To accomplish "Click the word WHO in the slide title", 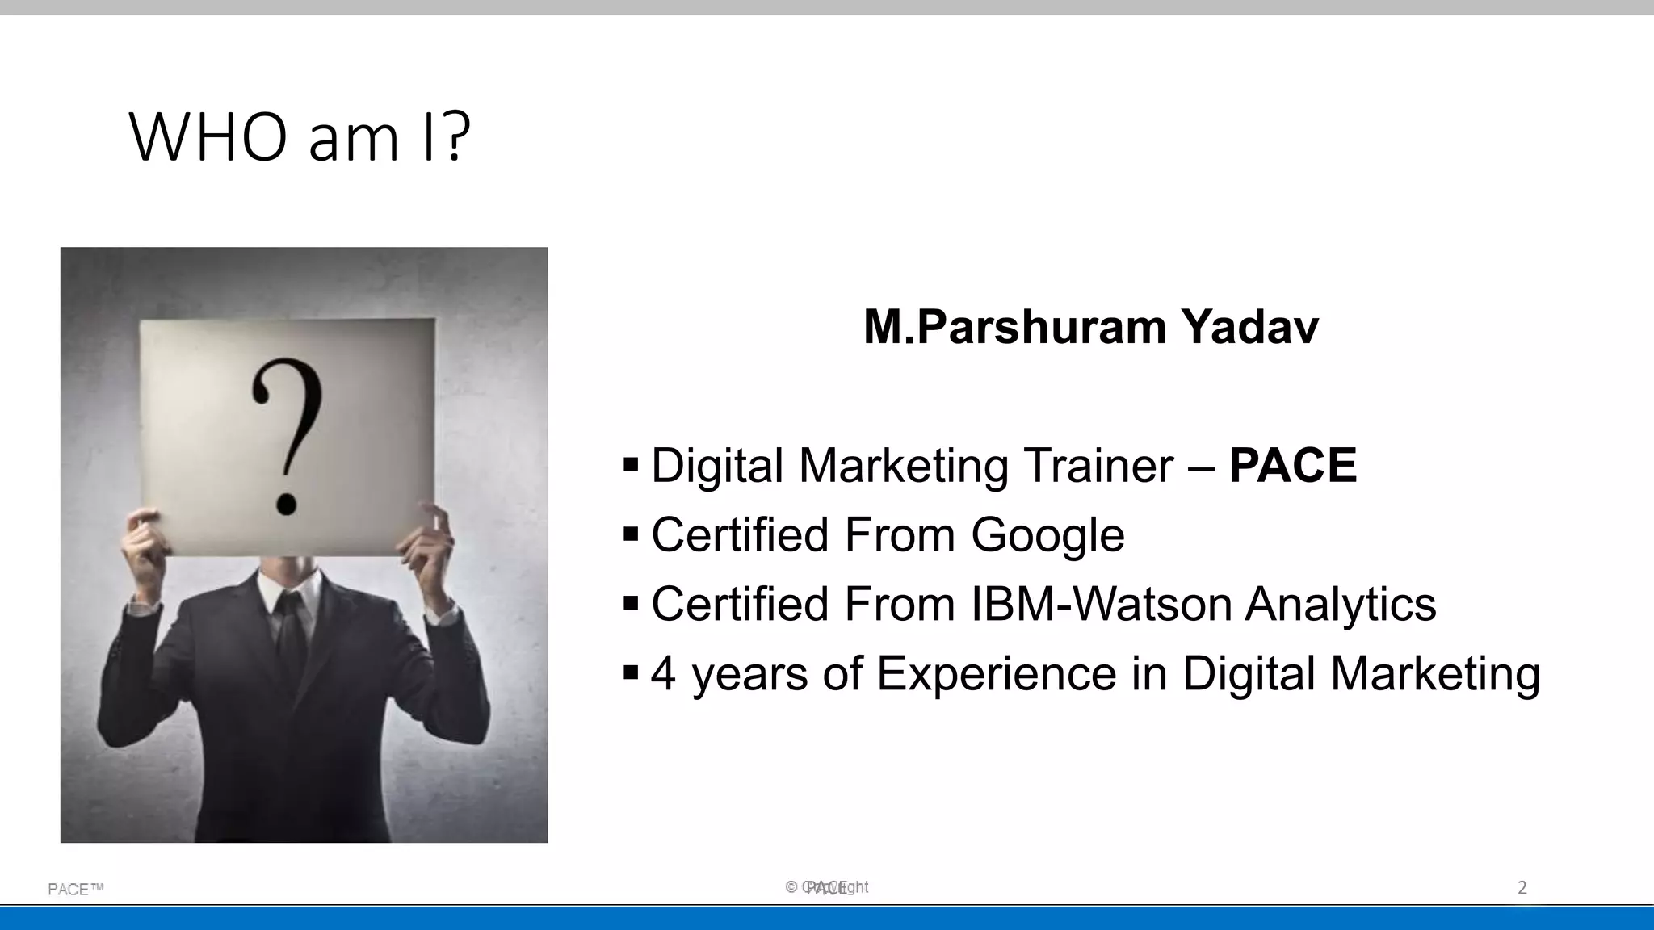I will coord(208,138).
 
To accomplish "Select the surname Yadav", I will coord(1249,327).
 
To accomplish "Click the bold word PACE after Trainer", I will coord(1292,466).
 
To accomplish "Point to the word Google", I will coord(1047,535).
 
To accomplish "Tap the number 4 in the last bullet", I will coord(663,673).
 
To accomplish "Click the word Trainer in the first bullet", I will coord(1098,466).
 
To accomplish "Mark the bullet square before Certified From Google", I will coord(631,534).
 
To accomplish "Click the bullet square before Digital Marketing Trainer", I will coord(631,464).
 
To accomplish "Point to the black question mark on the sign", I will coord(287,436).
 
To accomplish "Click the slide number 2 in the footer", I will coord(1522,888).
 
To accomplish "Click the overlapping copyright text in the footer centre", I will coord(827,887).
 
